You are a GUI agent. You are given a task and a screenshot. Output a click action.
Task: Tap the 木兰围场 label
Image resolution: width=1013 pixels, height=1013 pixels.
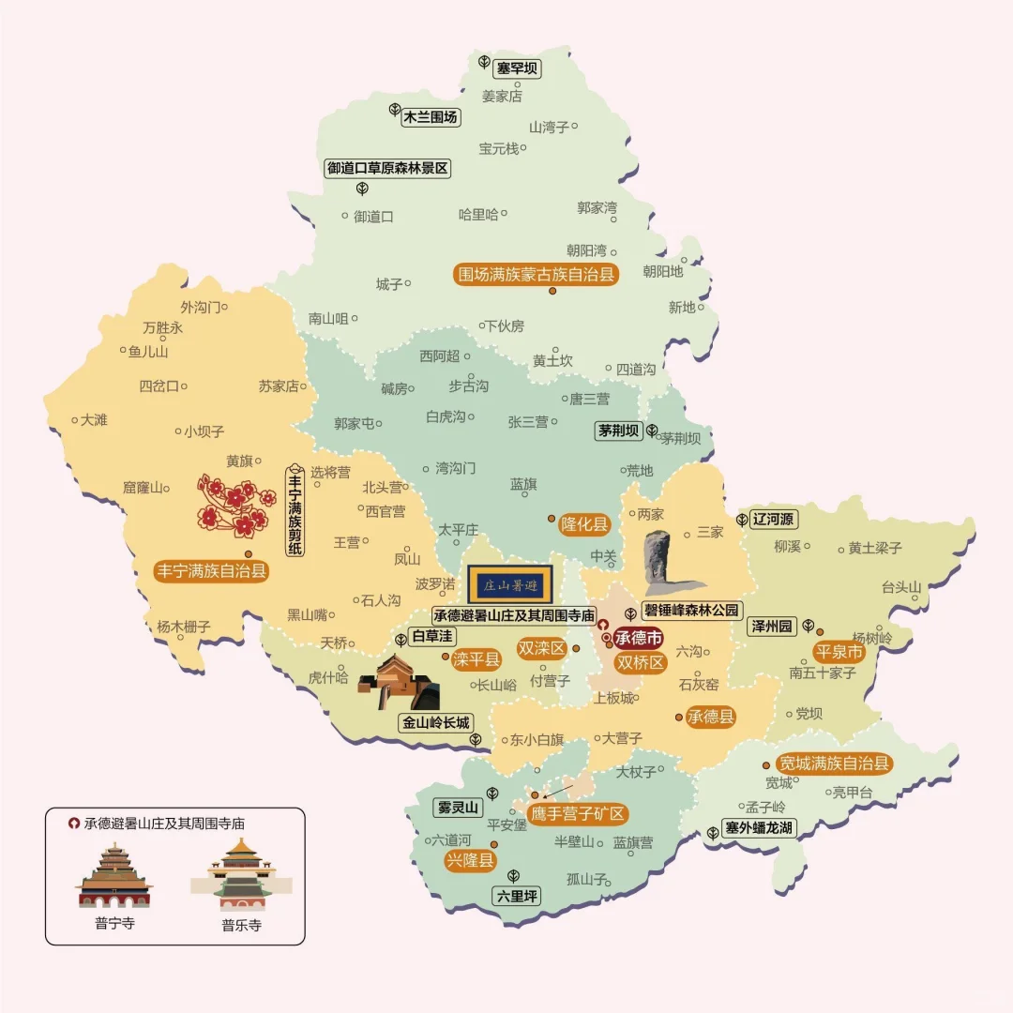click(431, 117)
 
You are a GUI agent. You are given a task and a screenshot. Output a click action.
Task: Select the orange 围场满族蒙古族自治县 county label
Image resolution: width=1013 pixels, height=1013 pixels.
click(536, 275)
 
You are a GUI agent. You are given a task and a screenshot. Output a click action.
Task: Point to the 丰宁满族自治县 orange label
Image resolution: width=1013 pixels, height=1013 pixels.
click(212, 570)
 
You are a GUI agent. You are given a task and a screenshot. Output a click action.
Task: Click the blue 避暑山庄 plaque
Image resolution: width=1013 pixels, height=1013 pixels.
click(510, 584)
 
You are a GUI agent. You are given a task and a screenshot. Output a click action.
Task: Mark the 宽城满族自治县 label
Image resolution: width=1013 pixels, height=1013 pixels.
click(834, 764)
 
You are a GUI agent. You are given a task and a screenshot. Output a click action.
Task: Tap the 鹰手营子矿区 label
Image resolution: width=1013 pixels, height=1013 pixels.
click(578, 814)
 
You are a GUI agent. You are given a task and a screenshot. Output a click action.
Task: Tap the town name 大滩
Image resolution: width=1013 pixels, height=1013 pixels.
click(94, 420)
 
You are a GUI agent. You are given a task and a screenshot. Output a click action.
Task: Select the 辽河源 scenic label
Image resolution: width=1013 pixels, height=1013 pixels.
click(774, 519)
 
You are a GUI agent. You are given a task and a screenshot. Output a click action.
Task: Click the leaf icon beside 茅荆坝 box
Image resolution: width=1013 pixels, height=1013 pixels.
click(651, 431)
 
